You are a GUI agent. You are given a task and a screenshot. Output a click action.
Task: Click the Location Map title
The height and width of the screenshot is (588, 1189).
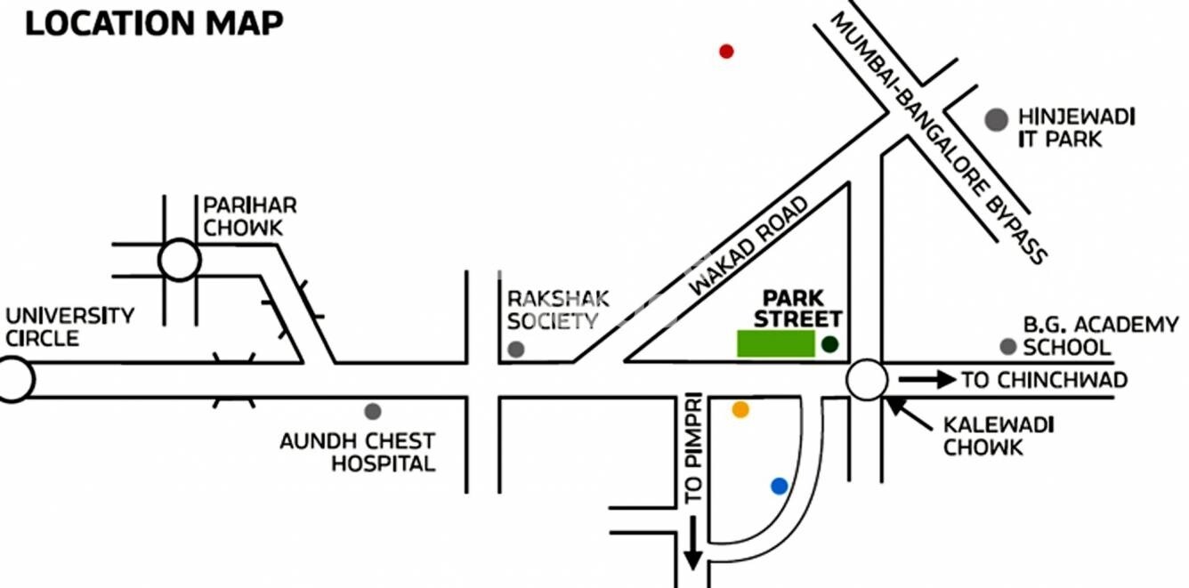[x=154, y=23]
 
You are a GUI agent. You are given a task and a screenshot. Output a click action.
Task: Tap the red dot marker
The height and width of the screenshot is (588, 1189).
[x=726, y=52]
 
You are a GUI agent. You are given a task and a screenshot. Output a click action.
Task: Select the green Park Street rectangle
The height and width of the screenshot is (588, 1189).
[x=775, y=343]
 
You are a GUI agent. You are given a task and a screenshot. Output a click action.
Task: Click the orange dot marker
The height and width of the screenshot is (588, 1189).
[x=740, y=409]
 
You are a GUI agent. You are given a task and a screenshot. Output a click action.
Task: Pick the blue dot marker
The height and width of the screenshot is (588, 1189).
[x=780, y=486]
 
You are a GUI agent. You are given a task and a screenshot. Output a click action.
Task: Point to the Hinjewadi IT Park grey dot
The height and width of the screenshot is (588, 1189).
[x=997, y=119]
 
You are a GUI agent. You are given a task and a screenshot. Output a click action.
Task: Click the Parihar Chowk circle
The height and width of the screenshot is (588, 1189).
[x=180, y=260]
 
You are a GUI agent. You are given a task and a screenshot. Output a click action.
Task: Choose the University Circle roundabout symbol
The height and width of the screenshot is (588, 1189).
[x=14, y=380]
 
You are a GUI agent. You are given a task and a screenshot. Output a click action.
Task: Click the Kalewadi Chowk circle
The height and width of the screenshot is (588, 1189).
[x=866, y=381]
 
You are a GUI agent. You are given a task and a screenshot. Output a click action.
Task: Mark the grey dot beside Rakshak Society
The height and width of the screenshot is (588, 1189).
[x=515, y=349]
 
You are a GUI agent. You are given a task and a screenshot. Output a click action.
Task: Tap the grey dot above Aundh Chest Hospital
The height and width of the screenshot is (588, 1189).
[x=373, y=411]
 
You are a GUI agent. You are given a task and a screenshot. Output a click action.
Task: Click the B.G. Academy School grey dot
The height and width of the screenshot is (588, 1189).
[x=1007, y=346]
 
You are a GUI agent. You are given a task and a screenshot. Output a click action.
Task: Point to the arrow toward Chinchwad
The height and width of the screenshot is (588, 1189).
[x=925, y=381]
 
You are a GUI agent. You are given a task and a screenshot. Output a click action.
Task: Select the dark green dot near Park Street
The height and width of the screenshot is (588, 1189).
[x=830, y=344]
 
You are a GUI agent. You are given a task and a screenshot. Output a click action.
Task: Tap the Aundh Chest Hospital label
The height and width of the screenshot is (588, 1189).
[x=357, y=452]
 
